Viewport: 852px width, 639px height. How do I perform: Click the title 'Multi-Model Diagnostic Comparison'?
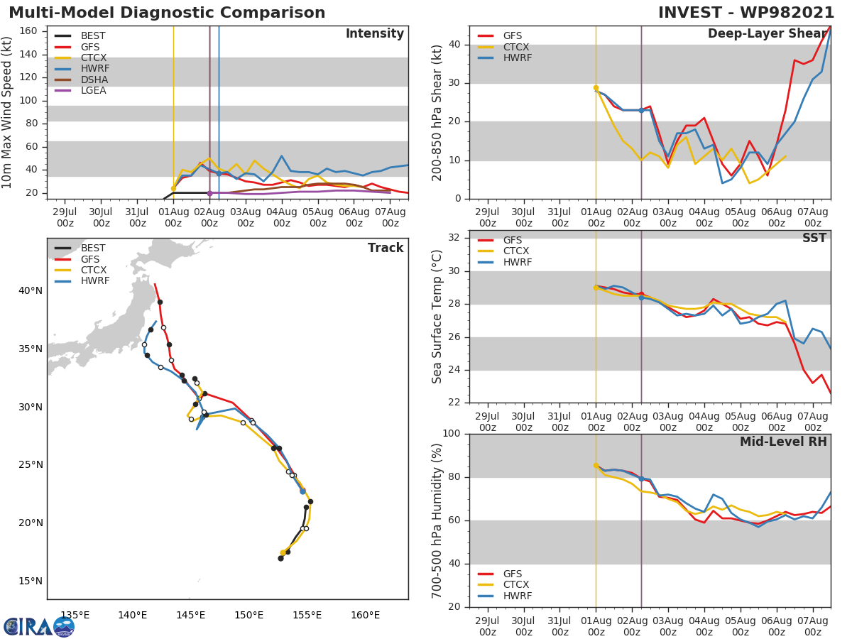(x=167, y=13)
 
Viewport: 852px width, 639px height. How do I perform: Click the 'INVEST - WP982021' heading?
(x=745, y=13)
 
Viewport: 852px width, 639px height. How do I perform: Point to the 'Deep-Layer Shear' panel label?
(x=767, y=34)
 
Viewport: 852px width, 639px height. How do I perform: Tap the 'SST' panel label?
(x=814, y=238)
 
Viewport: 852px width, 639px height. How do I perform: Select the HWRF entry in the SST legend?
(x=518, y=262)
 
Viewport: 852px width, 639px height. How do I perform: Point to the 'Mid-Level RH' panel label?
(x=783, y=442)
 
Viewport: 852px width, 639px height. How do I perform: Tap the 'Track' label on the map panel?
(x=386, y=248)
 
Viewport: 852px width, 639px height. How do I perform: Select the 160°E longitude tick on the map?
(x=365, y=615)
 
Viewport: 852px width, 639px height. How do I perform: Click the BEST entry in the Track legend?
(x=93, y=248)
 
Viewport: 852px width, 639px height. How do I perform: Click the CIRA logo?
(x=39, y=627)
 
